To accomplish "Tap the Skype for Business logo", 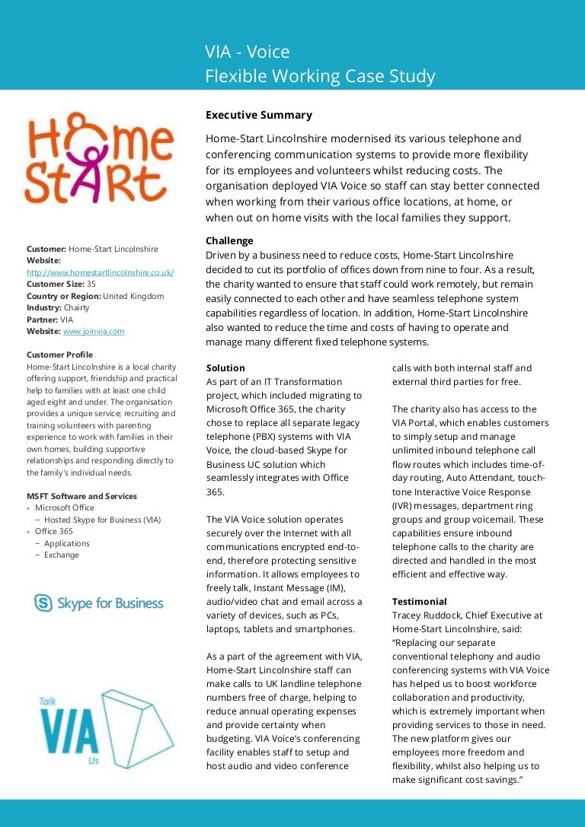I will point(98,603).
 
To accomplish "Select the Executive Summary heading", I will point(258,115).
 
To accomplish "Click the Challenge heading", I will point(229,241).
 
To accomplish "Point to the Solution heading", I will point(225,367).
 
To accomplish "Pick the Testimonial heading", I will point(419,601).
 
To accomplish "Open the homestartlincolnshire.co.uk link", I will point(100,272).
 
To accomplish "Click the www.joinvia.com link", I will point(93,332).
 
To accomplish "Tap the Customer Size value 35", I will point(91,284).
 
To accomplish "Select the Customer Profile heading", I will point(59,355).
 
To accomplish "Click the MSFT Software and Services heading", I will point(82,496).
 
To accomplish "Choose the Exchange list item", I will point(62,555).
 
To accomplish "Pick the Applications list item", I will point(67,543).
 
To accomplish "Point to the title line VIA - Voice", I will point(247,52).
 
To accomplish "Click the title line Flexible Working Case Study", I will point(320,76).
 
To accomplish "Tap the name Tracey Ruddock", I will point(424,615).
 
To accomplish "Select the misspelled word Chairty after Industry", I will point(76,308).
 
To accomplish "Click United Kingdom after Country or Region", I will point(133,296).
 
